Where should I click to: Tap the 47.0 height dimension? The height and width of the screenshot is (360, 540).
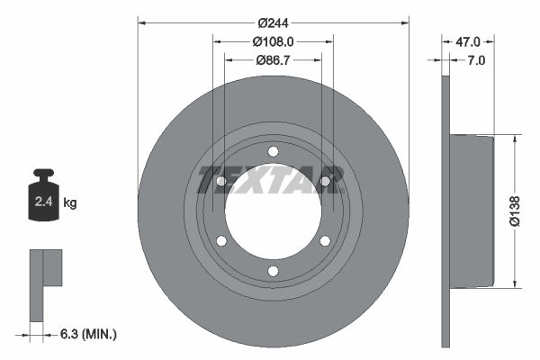pyautogui.click(x=469, y=41)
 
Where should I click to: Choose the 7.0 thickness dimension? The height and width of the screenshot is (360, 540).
pyautogui.click(x=476, y=61)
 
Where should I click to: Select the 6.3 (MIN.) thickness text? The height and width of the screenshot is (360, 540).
pyautogui.click(x=86, y=334)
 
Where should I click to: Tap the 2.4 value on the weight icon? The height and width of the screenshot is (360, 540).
pyautogui.click(x=43, y=202)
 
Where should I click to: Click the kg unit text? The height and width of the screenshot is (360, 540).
pyautogui.click(x=70, y=203)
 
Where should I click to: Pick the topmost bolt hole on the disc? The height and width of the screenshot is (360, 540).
pyautogui.click(x=273, y=150)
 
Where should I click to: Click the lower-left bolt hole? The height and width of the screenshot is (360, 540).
pyautogui.click(x=221, y=240)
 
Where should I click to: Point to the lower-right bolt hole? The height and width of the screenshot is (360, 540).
pyautogui.click(x=324, y=240)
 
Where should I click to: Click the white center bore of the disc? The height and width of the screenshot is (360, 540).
pyautogui.click(x=273, y=213)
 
